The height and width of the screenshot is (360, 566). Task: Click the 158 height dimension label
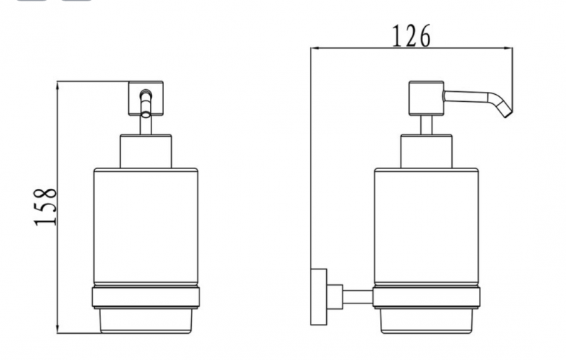(x=45, y=207)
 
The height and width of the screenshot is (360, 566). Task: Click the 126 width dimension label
(x=411, y=35)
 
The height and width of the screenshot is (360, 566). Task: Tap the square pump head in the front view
(x=146, y=98)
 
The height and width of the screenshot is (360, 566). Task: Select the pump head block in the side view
(x=427, y=98)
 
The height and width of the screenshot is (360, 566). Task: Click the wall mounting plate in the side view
(x=319, y=296)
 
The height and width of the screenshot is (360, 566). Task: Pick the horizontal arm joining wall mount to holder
(x=358, y=296)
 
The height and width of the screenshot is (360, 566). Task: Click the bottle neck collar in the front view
(x=146, y=151)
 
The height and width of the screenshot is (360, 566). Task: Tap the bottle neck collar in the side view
(x=427, y=151)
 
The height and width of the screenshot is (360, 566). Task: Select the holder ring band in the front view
(x=146, y=298)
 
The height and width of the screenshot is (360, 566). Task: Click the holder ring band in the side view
(x=427, y=298)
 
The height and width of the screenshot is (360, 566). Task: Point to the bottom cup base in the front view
(x=146, y=320)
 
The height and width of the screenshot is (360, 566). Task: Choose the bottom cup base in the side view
(x=427, y=320)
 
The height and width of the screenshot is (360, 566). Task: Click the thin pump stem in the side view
(x=427, y=125)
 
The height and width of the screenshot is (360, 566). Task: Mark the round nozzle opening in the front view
(x=146, y=93)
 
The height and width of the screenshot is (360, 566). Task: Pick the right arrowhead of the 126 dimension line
(x=508, y=47)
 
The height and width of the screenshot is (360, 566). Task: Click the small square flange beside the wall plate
(x=335, y=296)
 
